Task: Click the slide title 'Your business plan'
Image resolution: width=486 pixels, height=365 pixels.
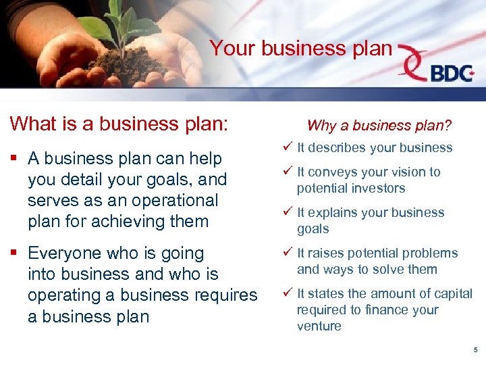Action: click(300, 48)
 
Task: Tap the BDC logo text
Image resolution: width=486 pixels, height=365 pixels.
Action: click(452, 72)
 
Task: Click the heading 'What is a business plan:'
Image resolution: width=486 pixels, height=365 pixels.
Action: click(119, 124)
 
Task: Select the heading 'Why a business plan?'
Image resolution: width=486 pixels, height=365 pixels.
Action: click(379, 125)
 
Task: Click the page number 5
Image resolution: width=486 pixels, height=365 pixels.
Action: click(475, 350)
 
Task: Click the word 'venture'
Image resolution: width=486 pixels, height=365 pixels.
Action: click(319, 326)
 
